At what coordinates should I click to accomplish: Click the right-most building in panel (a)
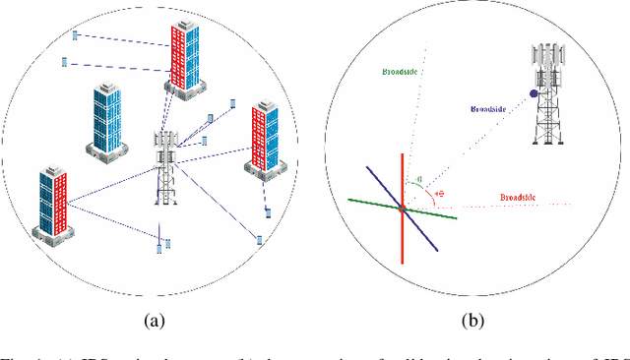(265, 138)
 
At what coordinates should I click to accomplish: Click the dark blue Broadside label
(487, 108)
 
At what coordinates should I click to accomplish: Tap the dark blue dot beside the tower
(534, 94)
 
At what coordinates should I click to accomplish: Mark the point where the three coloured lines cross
(403, 208)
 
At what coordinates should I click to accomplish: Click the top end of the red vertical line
(403, 154)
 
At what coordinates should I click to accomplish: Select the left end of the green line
(349, 200)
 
